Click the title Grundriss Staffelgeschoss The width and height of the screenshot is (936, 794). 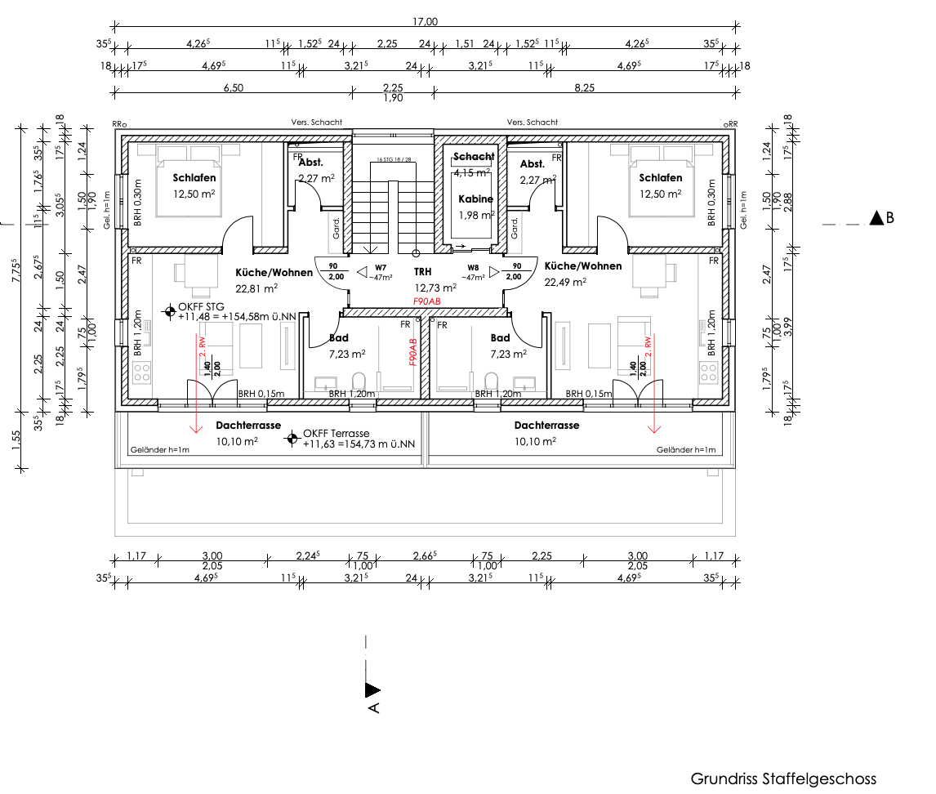[783, 778]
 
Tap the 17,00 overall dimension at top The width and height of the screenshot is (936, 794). [426, 22]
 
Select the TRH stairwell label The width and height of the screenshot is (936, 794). [422, 272]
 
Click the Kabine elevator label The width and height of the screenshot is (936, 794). [475, 198]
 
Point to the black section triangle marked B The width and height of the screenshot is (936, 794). [877, 218]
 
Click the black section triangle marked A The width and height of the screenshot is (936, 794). [372, 690]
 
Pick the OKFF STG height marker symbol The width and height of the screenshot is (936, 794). [169, 310]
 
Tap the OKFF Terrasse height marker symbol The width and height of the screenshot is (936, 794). [291, 439]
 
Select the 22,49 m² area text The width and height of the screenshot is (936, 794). [567, 282]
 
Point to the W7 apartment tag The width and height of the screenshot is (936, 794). [381, 268]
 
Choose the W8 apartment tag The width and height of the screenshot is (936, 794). [473, 268]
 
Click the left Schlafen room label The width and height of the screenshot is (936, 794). [194, 178]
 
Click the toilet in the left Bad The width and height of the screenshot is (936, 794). [358, 381]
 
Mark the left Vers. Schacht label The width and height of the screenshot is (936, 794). [316, 123]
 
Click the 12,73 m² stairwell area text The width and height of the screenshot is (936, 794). [435, 287]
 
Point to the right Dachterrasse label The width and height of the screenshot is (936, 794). [546, 426]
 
